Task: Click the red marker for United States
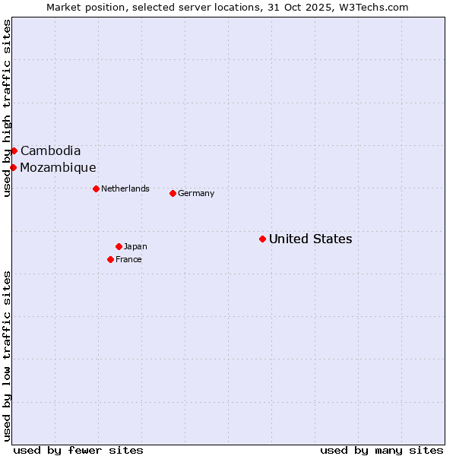point(262,239)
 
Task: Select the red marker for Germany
point(173,193)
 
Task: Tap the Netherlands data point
point(96,188)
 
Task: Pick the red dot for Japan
point(119,246)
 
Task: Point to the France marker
point(110,259)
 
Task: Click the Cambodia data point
point(14,150)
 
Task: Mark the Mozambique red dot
point(13,167)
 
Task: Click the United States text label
point(310,239)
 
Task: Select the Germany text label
point(196,193)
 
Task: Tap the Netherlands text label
point(125,188)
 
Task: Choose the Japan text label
point(135,246)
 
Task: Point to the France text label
point(128,259)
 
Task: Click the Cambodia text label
point(50,150)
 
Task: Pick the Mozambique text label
point(58,167)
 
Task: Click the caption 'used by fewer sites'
point(78,450)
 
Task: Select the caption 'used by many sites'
point(382,450)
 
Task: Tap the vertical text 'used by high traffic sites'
point(7,108)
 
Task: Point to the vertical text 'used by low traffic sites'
point(7,355)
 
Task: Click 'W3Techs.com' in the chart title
point(379,7)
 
